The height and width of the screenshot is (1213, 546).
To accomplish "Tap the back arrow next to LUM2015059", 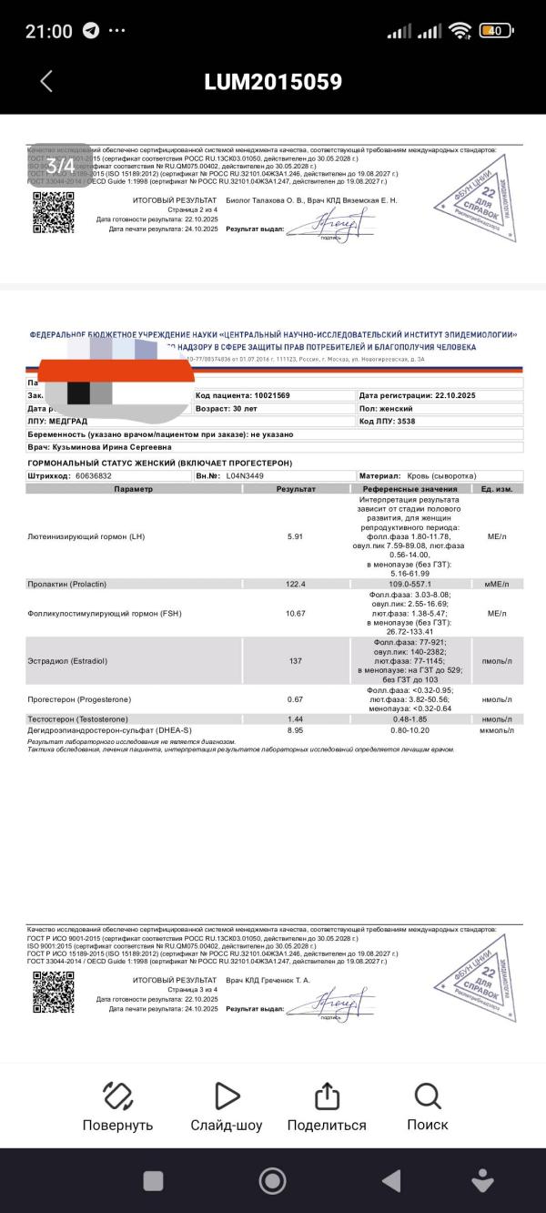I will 46,81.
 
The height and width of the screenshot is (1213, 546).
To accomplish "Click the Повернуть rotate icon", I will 118,1096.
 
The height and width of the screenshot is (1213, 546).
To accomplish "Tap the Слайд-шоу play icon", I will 227,1096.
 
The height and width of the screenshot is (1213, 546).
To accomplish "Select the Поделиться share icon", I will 327,1096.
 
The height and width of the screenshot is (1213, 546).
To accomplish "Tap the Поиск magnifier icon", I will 427,1096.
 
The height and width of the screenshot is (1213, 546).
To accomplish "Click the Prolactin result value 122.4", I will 296,584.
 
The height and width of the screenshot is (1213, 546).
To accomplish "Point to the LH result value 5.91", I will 295,536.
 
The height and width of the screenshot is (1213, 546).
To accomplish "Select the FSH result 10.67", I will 296,614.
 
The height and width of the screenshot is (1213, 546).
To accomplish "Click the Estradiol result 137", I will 296,660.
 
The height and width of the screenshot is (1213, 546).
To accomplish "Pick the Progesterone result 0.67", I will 295,698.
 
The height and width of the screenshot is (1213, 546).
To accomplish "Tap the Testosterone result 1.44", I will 295,719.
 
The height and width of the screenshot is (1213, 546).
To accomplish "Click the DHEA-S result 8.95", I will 295,730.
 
